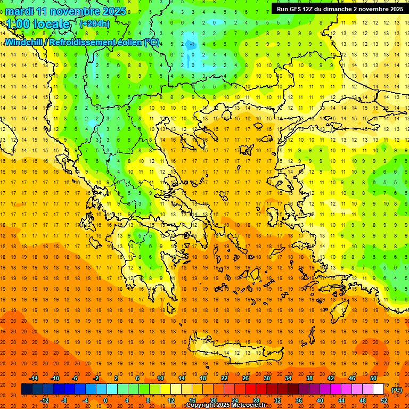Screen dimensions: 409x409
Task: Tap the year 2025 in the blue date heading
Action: click(114, 11)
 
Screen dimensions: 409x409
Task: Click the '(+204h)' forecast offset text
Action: click(95, 23)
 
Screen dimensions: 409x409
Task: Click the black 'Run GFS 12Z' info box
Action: click(339, 9)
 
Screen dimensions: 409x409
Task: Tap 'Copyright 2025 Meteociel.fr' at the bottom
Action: click(226, 405)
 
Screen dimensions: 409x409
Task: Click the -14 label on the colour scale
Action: click(34, 378)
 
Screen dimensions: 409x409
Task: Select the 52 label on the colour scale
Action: click(384, 400)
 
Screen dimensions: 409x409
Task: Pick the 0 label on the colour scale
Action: click(105, 400)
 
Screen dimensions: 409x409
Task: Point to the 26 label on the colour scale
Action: click(246, 378)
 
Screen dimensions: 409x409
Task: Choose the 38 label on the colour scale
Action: click(309, 378)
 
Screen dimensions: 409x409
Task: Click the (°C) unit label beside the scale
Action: click(397, 390)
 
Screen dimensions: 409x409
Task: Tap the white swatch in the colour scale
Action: click(378, 389)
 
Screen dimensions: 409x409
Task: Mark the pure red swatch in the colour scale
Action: click(250, 389)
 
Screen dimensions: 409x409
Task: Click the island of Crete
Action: click(234, 353)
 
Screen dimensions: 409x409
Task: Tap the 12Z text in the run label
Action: click(308, 9)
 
